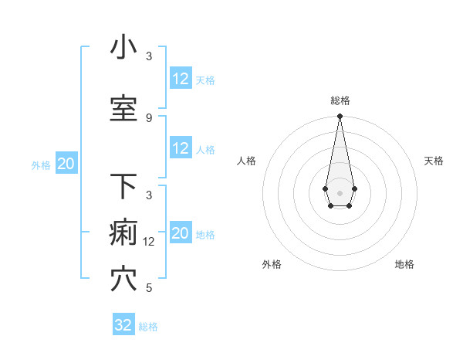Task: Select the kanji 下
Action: (x=123, y=186)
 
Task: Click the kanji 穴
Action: (x=123, y=280)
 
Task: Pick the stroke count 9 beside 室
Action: (x=149, y=117)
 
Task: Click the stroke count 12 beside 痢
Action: (x=150, y=241)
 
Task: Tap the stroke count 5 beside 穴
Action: (x=149, y=288)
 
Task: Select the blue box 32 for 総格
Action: (x=123, y=325)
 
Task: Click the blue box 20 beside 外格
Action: (x=66, y=164)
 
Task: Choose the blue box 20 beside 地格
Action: (x=181, y=233)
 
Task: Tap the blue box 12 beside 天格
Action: (x=181, y=79)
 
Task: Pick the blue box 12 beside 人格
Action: (x=181, y=148)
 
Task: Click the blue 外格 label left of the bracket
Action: (x=41, y=165)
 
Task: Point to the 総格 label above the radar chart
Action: (x=340, y=100)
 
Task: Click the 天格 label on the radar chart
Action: (x=434, y=161)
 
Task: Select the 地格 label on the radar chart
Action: (x=404, y=264)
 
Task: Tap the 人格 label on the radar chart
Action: (x=246, y=161)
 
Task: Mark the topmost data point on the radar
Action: (x=340, y=116)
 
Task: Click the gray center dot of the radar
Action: (x=340, y=192)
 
